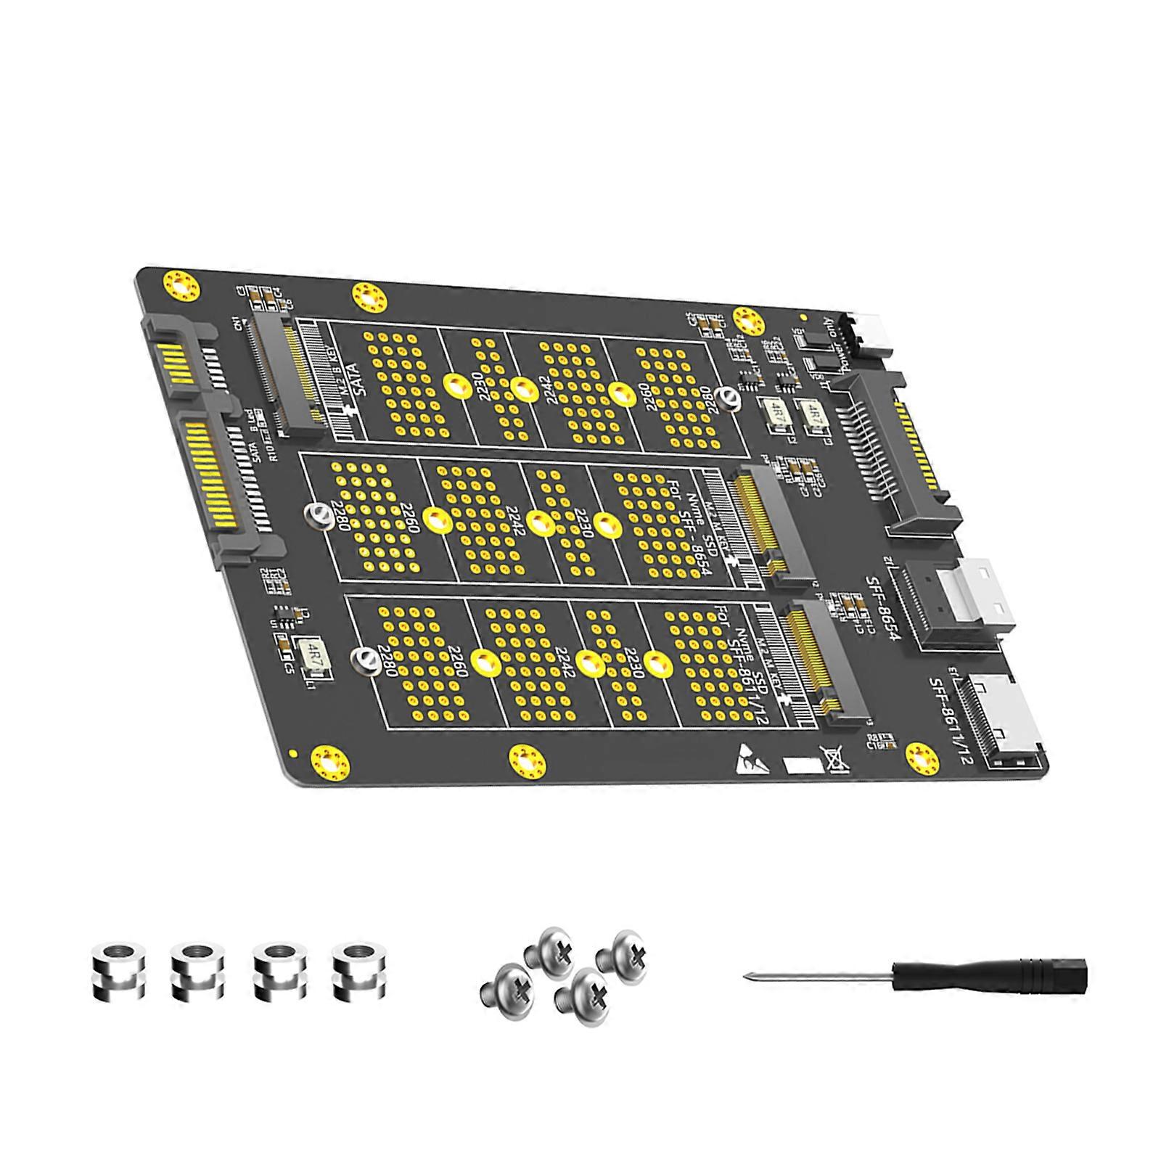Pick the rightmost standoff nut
[x=356, y=973]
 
